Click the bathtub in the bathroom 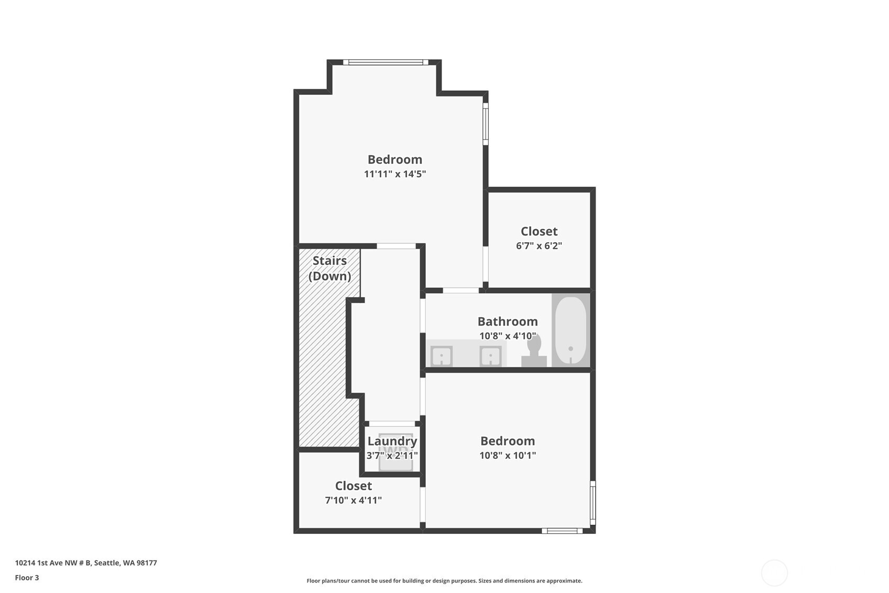[570, 330]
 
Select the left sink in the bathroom [441, 356]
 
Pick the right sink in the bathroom [490, 356]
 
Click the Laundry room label [392, 441]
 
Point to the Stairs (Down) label [330, 268]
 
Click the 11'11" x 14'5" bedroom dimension [395, 174]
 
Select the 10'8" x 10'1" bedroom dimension [508, 455]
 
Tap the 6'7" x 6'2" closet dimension [539, 246]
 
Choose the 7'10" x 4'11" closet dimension [353, 500]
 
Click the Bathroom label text [508, 321]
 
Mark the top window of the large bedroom [386, 62]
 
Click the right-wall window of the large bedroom [486, 124]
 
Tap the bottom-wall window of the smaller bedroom [562, 531]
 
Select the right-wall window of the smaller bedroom [592, 503]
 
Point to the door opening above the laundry [392, 424]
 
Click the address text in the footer [86, 563]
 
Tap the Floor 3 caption [27, 577]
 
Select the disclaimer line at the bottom [444, 581]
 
